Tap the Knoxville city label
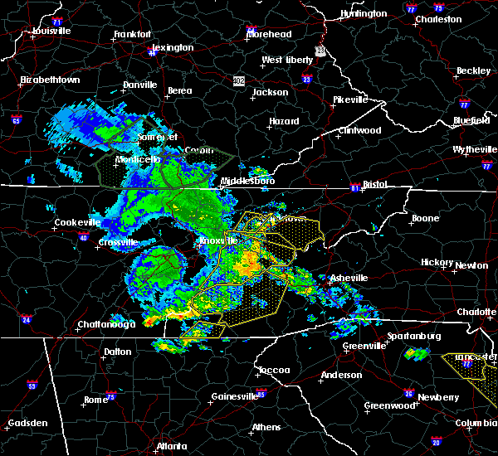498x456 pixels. click(x=218, y=241)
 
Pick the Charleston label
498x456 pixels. click(x=437, y=19)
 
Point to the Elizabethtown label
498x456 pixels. click(x=50, y=80)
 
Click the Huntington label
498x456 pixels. click(x=364, y=14)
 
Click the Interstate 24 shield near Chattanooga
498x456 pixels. click(x=27, y=318)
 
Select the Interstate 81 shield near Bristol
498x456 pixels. click(x=355, y=187)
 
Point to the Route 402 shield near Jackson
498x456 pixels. click(x=239, y=80)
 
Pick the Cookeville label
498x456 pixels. click(x=77, y=222)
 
